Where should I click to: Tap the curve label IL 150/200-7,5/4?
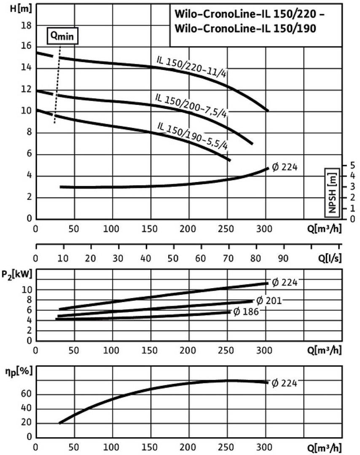point(191,105)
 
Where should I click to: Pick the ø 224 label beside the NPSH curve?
point(285,167)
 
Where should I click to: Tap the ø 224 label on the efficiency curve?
point(285,383)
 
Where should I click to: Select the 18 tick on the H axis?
point(27,25)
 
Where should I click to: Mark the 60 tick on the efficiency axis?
point(26,395)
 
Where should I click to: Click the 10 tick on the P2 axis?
point(26,289)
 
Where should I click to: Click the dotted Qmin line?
point(57,84)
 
